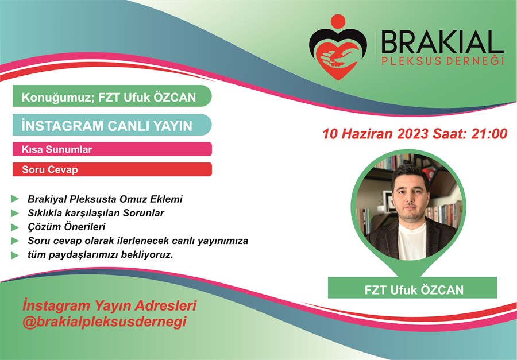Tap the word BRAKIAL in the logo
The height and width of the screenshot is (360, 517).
click(442, 42)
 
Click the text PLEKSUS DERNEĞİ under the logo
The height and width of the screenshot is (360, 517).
click(442, 61)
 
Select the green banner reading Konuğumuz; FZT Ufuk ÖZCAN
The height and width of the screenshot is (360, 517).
click(112, 96)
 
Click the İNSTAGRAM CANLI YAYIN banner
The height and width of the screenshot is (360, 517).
click(112, 125)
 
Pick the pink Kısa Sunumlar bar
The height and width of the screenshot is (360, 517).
click(112, 149)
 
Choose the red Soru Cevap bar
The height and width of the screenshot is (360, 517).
click(112, 169)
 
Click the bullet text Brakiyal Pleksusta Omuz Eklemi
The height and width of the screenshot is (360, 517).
click(105, 199)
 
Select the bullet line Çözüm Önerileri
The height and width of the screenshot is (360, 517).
click(66, 227)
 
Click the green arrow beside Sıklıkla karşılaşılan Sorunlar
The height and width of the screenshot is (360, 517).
click(15, 213)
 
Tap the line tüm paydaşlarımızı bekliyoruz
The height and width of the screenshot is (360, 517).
click(100, 255)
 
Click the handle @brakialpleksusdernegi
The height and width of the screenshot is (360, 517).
click(104, 322)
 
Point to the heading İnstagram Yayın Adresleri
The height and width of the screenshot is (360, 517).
click(109, 305)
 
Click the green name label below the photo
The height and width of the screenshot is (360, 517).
click(412, 288)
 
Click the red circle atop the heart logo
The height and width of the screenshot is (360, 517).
click(338, 21)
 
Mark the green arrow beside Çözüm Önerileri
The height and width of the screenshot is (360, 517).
click(15, 227)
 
